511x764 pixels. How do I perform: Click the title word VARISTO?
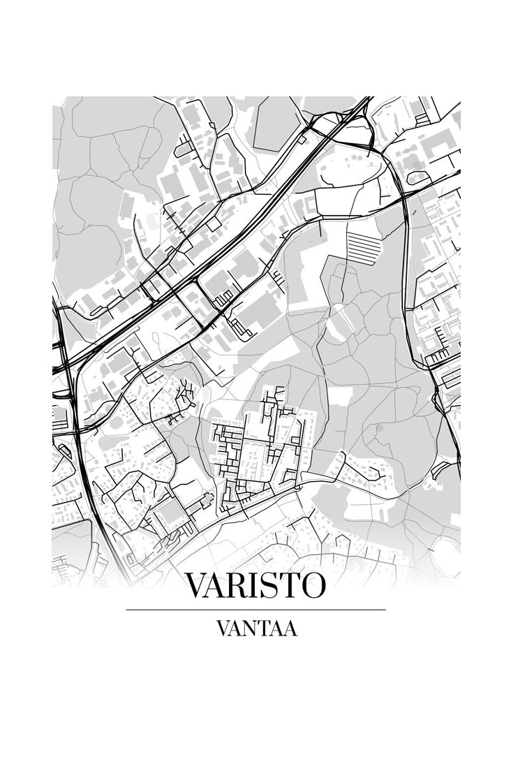(256, 585)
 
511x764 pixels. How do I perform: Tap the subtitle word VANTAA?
(256, 629)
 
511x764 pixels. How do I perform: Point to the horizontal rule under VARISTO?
(256, 610)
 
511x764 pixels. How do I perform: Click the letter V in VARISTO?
(197, 585)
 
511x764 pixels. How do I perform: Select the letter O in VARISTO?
(312, 585)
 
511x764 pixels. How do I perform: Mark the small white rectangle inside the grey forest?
(340, 397)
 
